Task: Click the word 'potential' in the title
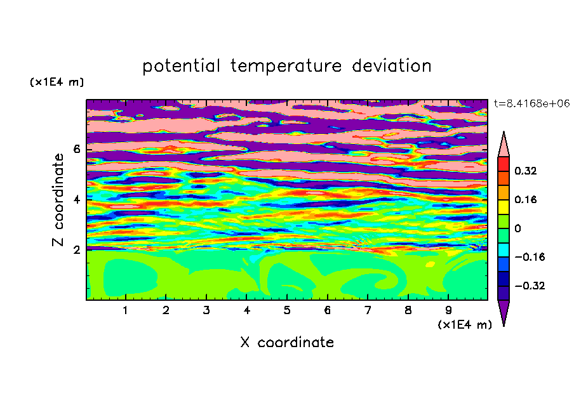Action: click(181, 67)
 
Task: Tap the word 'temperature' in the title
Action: click(286, 67)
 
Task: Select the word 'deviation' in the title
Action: click(391, 66)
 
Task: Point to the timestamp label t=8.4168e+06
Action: click(531, 104)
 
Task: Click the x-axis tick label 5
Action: click(287, 310)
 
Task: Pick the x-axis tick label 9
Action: click(448, 310)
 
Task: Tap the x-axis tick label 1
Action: click(125, 310)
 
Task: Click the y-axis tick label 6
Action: click(76, 149)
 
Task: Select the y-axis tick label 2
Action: click(76, 250)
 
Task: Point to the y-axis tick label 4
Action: click(76, 200)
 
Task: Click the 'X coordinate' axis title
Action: click(287, 342)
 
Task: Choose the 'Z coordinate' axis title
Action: click(58, 200)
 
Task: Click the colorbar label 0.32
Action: click(526, 171)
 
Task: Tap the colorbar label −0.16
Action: click(530, 257)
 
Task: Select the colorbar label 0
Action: click(517, 228)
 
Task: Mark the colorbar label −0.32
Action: click(530, 286)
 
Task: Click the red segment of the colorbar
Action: click(504, 164)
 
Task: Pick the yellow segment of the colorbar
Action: click(504, 207)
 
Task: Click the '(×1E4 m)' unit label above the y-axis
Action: click(57, 82)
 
